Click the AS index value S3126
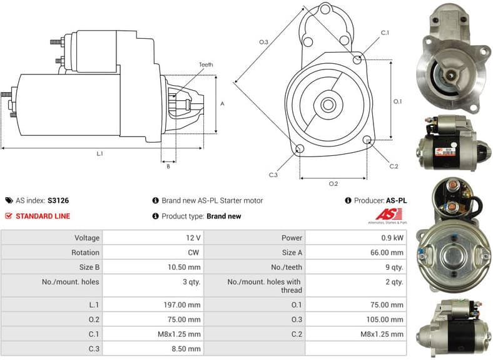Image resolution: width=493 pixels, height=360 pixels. tap(58, 201)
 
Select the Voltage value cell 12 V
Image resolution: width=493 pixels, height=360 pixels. tap(193, 238)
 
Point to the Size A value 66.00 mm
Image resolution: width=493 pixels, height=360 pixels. tap(389, 252)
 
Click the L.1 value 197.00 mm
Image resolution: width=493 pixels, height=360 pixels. tap(185, 305)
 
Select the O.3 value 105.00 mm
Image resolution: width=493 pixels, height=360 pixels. tap(387, 319)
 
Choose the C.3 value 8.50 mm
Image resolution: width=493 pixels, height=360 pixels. tap(187, 348)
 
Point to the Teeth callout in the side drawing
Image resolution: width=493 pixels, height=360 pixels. tap(206, 65)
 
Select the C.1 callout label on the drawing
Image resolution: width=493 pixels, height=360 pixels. tap(385, 33)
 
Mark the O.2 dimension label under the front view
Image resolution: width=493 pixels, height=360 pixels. tap(333, 183)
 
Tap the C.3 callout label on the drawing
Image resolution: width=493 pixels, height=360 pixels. tap(273, 175)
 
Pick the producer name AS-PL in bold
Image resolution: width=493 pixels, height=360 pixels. tap(396, 201)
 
